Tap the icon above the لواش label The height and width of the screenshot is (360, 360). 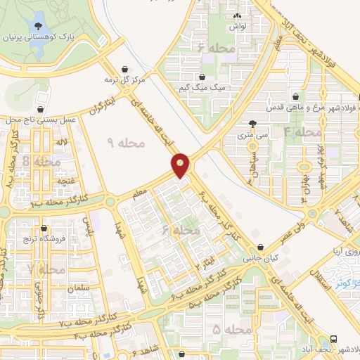coord(236,15)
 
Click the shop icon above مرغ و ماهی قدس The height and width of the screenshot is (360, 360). coord(296,97)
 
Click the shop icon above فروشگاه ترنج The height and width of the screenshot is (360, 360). coord(45,229)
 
